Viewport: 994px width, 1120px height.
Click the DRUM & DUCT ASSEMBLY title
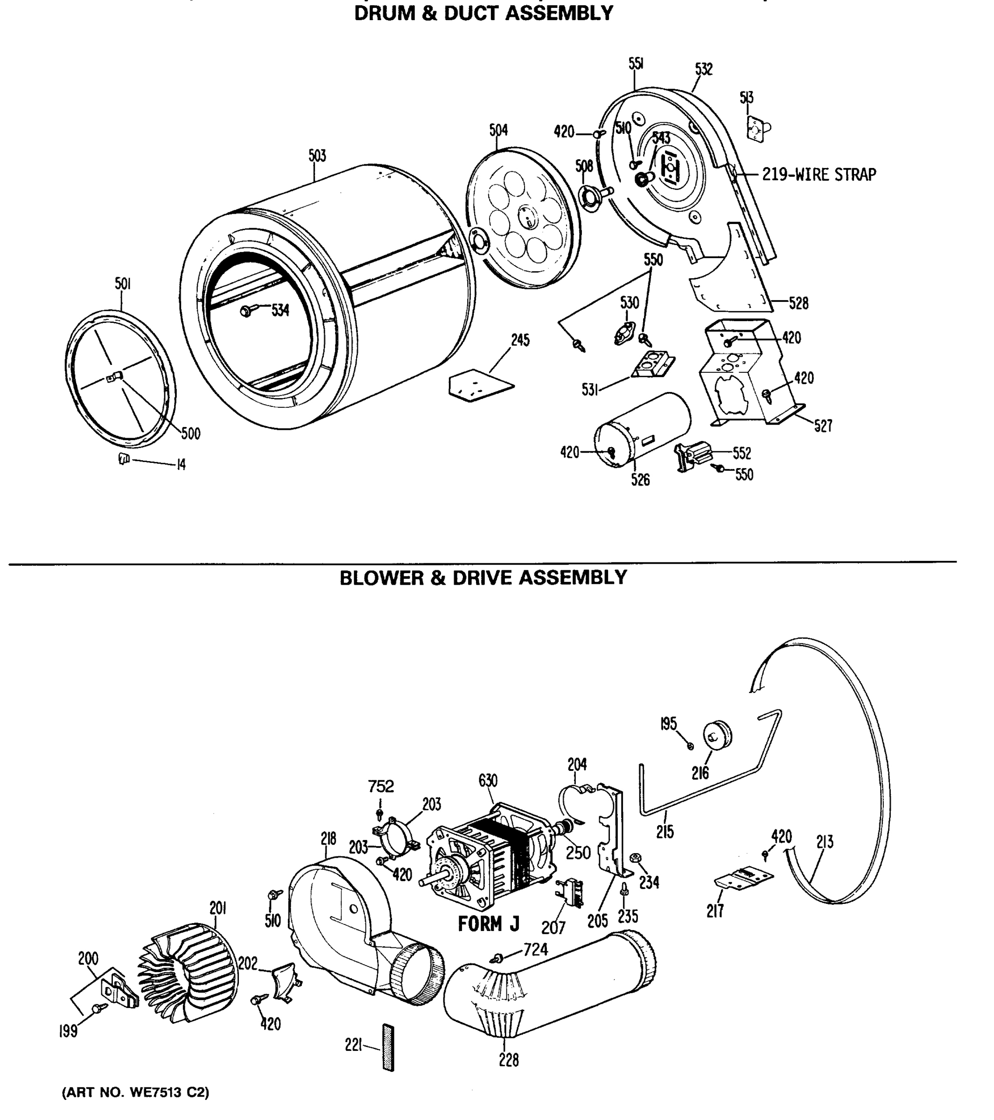click(483, 13)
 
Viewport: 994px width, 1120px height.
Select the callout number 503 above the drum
click(317, 156)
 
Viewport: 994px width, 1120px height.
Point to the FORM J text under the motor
click(488, 924)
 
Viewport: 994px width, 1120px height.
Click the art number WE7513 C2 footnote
click(135, 1092)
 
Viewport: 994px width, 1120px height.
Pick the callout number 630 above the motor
click(488, 781)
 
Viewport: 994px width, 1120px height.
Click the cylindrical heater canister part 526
click(642, 430)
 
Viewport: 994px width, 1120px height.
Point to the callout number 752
click(381, 786)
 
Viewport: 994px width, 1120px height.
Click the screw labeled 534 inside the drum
click(245, 311)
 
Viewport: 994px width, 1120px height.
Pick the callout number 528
click(798, 303)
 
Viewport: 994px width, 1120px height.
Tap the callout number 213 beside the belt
click(825, 842)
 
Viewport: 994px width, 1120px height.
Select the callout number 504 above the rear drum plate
click(498, 130)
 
